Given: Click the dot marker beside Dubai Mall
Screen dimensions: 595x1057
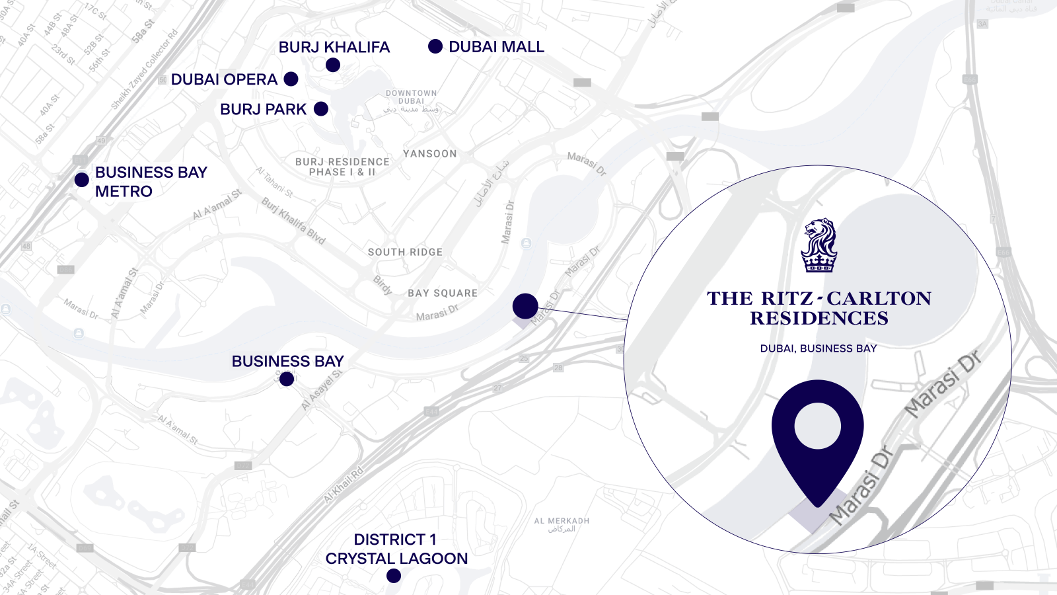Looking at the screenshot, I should (x=435, y=46).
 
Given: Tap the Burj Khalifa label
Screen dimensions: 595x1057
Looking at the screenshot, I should (x=334, y=48).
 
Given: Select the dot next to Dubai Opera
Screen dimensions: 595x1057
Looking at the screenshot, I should (x=291, y=79).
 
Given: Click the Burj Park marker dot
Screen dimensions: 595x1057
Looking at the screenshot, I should (x=321, y=109).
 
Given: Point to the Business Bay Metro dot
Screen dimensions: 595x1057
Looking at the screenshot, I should (x=82, y=180).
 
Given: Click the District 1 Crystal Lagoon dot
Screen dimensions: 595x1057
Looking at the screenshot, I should (x=394, y=576).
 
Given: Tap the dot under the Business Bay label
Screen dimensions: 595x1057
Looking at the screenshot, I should (x=287, y=379).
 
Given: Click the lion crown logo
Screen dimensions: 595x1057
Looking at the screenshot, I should (x=819, y=245).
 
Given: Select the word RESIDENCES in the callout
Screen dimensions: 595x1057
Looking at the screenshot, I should (x=819, y=319).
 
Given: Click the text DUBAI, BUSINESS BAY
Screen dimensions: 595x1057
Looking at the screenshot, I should (x=819, y=348).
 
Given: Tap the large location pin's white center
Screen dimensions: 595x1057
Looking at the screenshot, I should (x=818, y=426).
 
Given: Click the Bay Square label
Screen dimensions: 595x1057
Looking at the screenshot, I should (x=443, y=293).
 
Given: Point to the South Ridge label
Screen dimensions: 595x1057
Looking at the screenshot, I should (x=405, y=252).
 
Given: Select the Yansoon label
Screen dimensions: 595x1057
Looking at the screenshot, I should (x=430, y=153).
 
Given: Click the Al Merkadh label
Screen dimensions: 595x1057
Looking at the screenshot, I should (x=562, y=522).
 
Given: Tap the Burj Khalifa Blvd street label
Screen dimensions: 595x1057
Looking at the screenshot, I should (x=294, y=221).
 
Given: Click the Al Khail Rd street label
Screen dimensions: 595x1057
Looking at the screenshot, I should (x=344, y=485).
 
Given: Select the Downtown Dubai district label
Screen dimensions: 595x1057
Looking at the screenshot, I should (x=411, y=97).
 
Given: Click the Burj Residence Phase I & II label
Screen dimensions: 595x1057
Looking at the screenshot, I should (x=342, y=167).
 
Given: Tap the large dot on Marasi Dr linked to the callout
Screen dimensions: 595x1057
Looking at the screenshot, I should (x=525, y=306).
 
